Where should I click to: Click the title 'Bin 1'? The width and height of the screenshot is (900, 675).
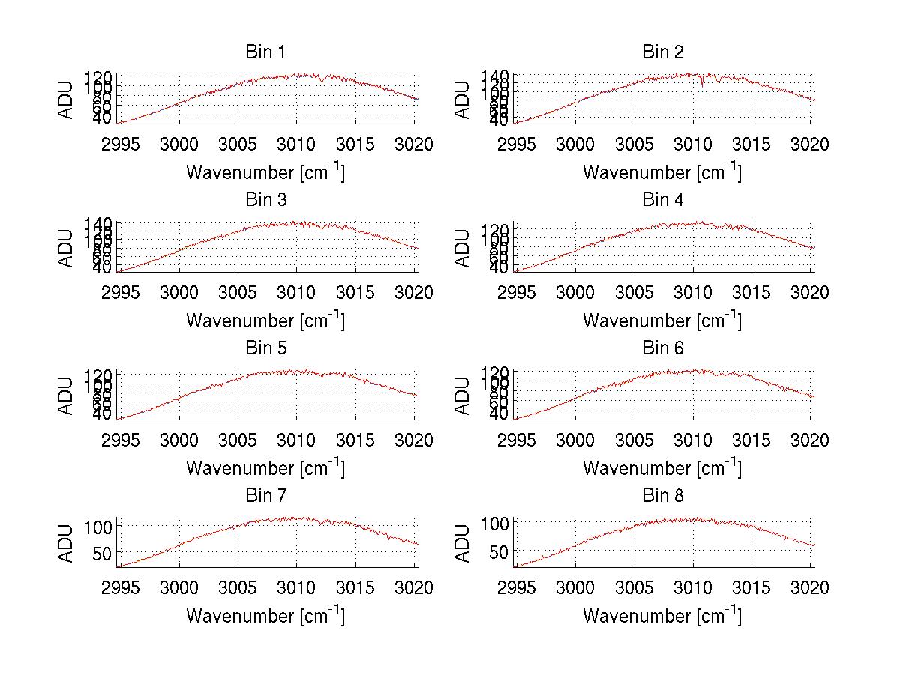pyautogui.click(x=265, y=52)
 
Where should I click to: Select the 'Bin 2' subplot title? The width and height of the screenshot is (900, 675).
pyautogui.click(x=663, y=52)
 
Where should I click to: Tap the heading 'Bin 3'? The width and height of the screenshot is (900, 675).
pyautogui.click(x=265, y=200)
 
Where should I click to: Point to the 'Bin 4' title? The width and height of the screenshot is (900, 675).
pyautogui.click(x=663, y=200)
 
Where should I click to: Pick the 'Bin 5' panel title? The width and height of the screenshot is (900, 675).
pyautogui.click(x=265, y=348)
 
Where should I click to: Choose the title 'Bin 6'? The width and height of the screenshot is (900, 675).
pyautogui.click(x=663, y=348)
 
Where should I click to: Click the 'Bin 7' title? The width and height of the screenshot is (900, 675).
pyautogui.click(x=265, y=496)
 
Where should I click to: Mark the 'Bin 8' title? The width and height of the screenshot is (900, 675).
pyautogui.click(x=663, y=496)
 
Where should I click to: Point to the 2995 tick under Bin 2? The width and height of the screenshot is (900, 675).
pyautogui.click(x=517, y=145)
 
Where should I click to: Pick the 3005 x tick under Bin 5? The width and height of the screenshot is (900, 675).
pyautogui.click(x=238, y=441)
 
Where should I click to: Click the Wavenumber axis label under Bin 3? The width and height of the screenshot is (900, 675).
pyautogui.click(x=265, y=321)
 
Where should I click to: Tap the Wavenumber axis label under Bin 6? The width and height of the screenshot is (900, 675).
pyautogui.click(x=662, y=468)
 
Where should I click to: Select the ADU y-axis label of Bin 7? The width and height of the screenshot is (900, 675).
pyautogui.click(x=67, y=543)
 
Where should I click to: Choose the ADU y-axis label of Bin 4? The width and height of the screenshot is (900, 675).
pyautogui.click(x=463, y=248)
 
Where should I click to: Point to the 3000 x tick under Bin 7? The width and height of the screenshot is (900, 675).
pyautogui.click(x=179, y=588)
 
